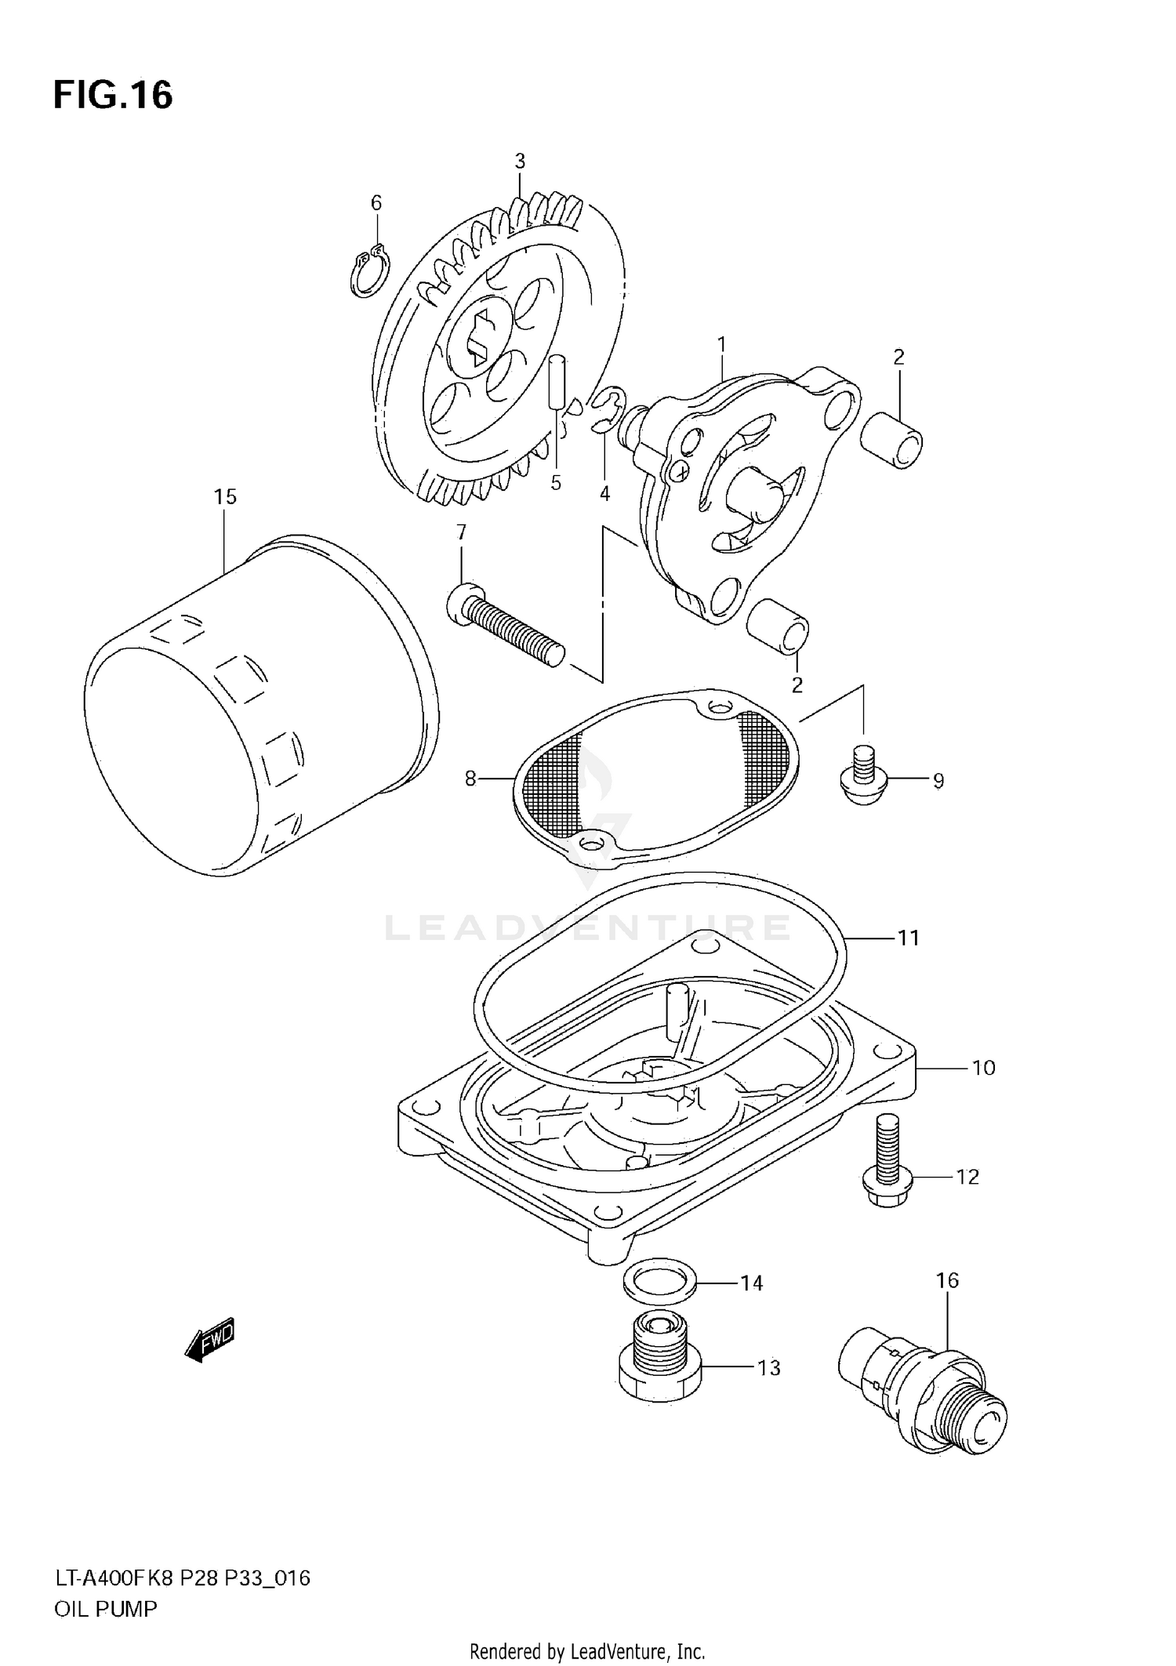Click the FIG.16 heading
(x=113, y=96)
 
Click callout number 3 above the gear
(x=520, y=162)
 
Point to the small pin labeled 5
(x=558, y=382)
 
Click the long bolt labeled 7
(x=506, y=626)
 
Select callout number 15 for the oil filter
(x=225, y=497)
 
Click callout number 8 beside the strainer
(x=470, y=779)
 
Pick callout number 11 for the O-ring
(x=908, y=938)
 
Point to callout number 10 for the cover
(x=983, y=1068)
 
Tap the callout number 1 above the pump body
(x=721, y=344)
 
